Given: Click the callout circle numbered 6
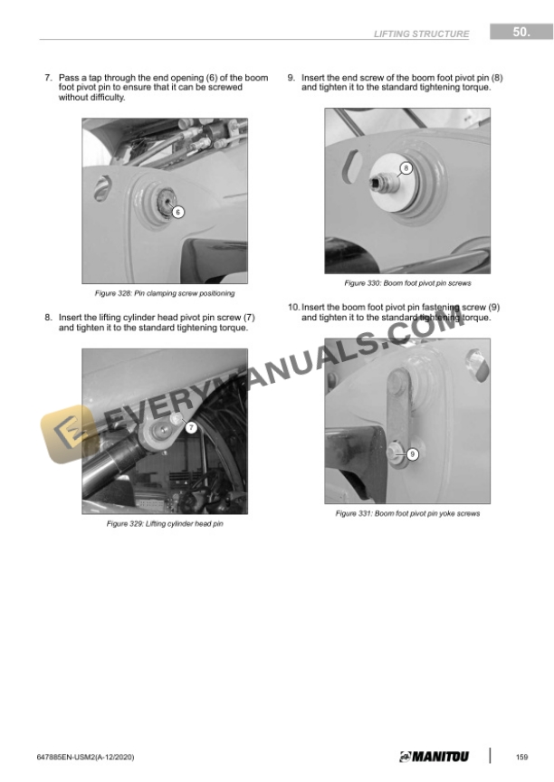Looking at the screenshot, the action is click(x=178, y=212).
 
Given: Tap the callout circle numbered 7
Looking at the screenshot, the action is click(x=191, y=427).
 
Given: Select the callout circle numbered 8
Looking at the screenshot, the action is click(x=406, y=168).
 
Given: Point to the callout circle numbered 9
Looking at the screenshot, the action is click(x=413, y=454).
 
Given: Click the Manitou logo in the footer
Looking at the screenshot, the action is click(x=434, y=757).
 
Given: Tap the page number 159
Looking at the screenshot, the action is click(x=521, y=757).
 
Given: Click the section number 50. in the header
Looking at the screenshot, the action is click(x=521, y=32).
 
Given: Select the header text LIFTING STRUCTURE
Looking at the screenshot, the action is click(x=421, y=33).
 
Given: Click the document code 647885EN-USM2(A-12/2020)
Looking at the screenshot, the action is click(x=85, y=757).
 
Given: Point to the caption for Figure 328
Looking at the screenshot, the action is click(x=165, y=293).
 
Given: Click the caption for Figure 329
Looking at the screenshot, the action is click(x=165, y=524).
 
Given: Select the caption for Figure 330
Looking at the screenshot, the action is click(x=407, y=283).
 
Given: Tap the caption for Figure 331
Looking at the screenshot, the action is click(x=407, y=513).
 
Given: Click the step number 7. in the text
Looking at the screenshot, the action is click(x=48, y=78).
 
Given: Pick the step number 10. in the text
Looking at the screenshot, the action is click(x=293, y=307).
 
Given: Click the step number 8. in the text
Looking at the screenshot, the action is click(x=48, y=318).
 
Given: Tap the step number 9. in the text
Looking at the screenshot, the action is click(x=291, y=78).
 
